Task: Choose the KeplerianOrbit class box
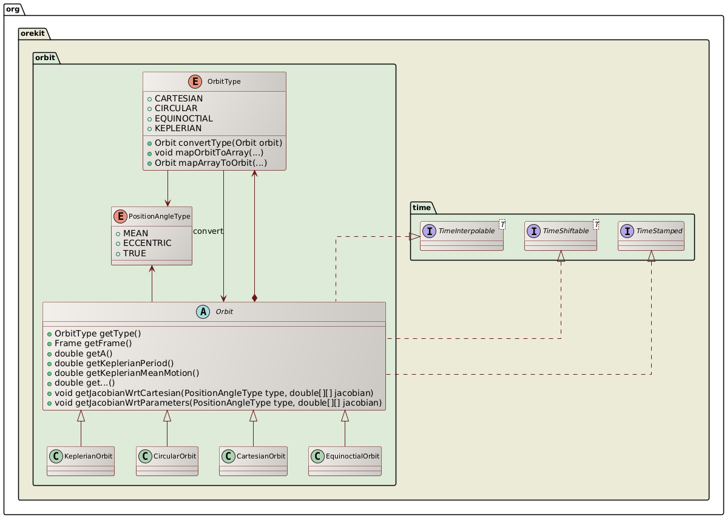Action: pos(81,462)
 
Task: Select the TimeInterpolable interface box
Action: pos(464,236)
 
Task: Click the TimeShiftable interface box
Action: pos(561,236)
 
